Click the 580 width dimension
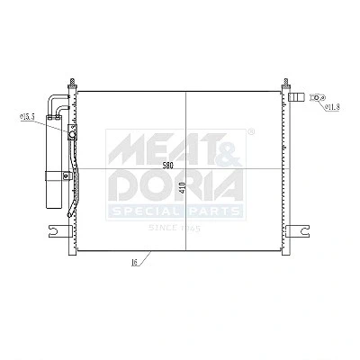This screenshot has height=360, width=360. tap(168, 165)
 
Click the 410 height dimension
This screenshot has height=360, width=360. tap(184, 187)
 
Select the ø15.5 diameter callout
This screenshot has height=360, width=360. tap(27, 117)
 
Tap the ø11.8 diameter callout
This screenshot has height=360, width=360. tap(333, 106)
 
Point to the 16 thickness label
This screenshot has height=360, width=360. tap(134, 263)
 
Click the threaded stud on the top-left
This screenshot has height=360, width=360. tap(72, 83)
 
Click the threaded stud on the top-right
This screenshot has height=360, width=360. tap(286, 83)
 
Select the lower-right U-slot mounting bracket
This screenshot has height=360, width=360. tap(298, 231)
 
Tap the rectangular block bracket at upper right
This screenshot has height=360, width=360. tap(296, 97)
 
